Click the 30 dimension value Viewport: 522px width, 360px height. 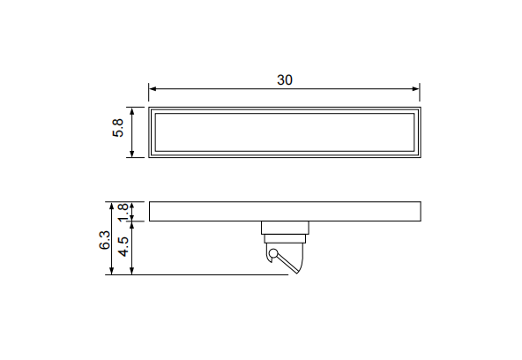285,80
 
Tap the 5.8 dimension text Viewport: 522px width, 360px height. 118,128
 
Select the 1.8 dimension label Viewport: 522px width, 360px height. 123,213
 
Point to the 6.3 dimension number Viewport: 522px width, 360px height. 105,240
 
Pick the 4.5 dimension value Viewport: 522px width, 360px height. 123,247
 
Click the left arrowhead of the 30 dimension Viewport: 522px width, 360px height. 153,88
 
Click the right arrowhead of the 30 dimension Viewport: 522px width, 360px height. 415,88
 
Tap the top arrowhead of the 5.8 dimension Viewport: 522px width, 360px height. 132,111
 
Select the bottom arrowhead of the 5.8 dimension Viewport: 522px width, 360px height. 132,154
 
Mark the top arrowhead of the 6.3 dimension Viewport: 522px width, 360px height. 112,206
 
